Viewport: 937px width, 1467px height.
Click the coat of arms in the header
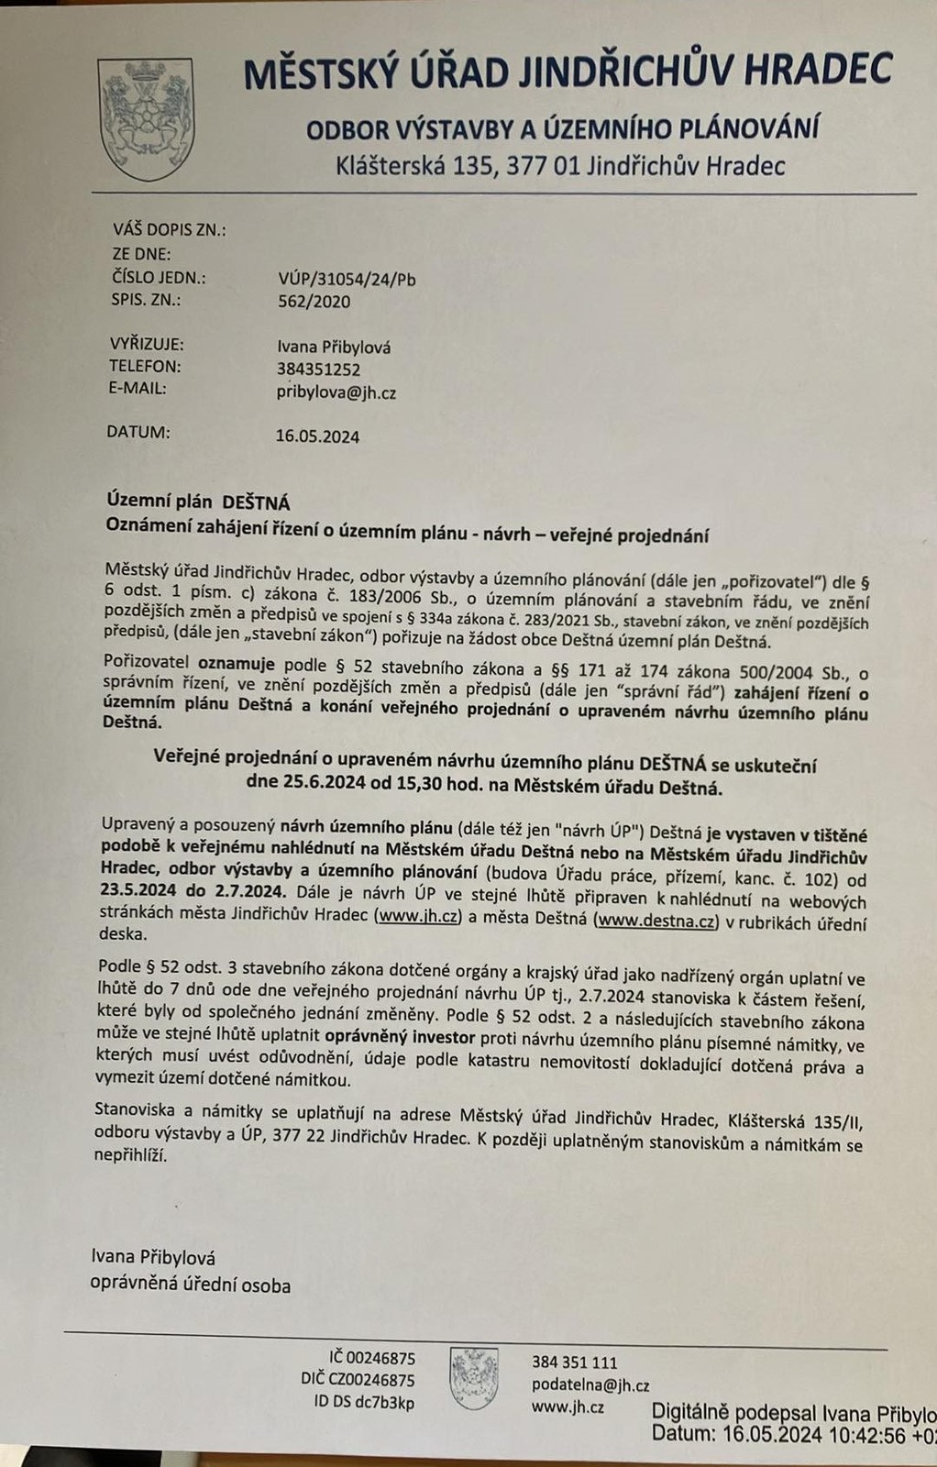click(x=146, y=118)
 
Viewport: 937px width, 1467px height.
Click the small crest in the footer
click(x=474, y=1378)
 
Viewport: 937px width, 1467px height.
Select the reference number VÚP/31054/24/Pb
click(x=347, y=280)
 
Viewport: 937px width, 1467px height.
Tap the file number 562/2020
click(x=314, y=302)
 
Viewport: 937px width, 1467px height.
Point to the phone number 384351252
click(x=318, y=370)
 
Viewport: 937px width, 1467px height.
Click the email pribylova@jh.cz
click(x=336, y=392)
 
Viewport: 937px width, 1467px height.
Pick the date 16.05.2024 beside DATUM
click(x=317, y=436)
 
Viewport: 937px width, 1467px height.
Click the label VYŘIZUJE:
click(x=147, y=345)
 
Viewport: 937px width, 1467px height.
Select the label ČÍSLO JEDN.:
click(x=159, y=278)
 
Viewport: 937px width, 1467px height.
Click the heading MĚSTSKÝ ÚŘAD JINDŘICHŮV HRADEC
click(x=568, y=72)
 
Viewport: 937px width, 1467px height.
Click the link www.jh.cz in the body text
click(x=418, y=916)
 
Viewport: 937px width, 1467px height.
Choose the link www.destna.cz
click(x=656, y=921)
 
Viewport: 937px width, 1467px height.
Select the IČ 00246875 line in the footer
click(x=371, y=1358)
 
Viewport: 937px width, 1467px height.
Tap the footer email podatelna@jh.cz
click(x=590, y=1385)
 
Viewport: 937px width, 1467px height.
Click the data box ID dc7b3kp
click(x=364, y=1403)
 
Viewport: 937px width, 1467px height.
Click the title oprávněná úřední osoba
click(x=190, y=1285)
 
